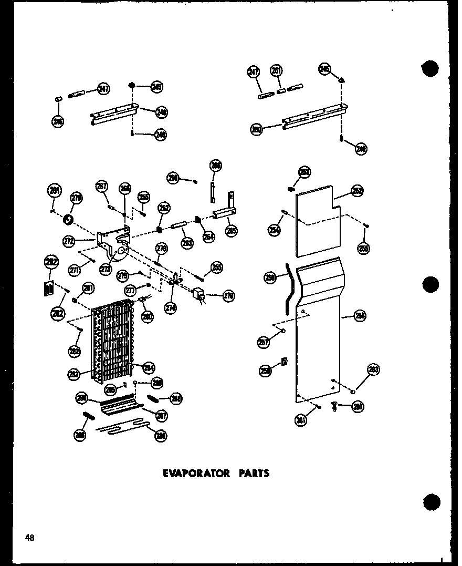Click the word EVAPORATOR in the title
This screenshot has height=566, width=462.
[x=196, y=473]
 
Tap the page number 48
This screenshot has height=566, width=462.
[x=29, y=537]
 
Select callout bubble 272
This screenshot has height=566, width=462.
[x=68, y=241]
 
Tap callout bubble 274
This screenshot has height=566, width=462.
[x=170, y=308]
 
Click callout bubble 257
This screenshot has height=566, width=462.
[x=264, y=342]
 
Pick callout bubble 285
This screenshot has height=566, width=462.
[x=110, y=389]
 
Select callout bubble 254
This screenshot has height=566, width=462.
[x=275, y=230]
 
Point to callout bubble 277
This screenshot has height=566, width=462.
[x=130, y=291]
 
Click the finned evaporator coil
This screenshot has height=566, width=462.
[x=113, y=339]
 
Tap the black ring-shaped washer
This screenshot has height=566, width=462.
[x=69, y=218]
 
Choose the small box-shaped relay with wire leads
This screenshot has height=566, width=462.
[x=199, y=295]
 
